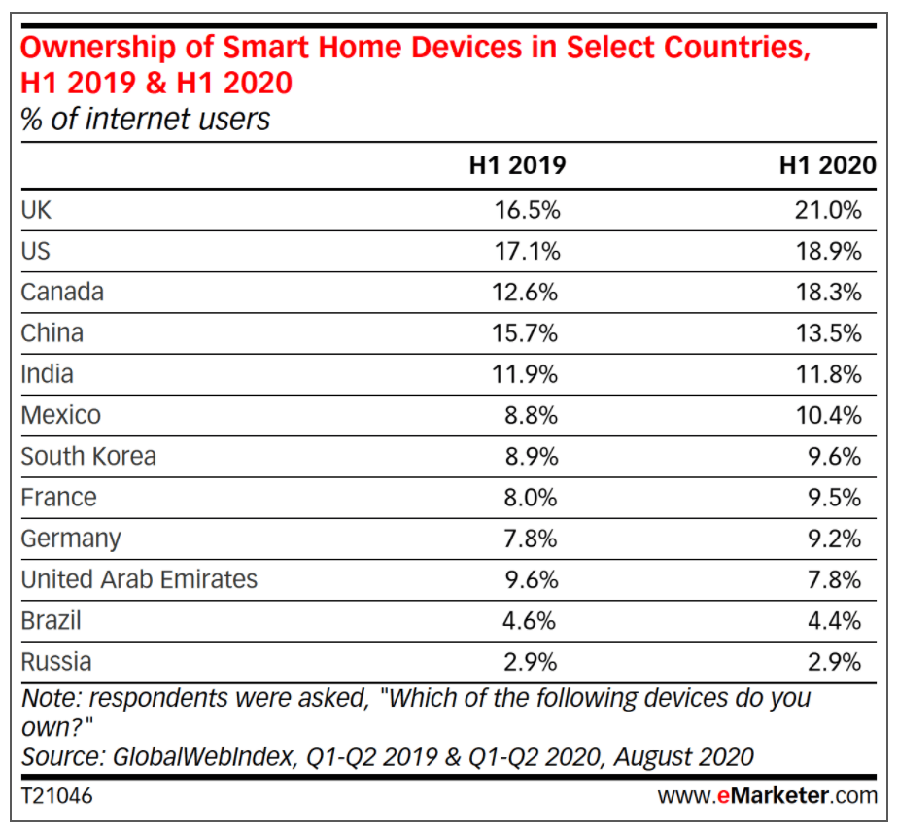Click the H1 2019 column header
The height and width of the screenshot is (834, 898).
[x=516, y=165]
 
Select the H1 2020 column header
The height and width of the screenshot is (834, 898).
[x=827, y=165]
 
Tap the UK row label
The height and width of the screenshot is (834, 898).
[x=36, y=210]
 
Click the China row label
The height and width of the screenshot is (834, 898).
[x=52, y=333]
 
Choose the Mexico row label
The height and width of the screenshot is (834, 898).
[x=60, y=415]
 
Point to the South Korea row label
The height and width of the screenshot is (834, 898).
[x=88, y=456]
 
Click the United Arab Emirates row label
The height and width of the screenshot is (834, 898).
[x=139, y=579]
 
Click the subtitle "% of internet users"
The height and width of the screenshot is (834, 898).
[x=146, y=120]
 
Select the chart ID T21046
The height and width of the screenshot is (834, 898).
[x=57, y=796]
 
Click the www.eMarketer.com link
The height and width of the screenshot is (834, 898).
[x=767, y=796]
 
